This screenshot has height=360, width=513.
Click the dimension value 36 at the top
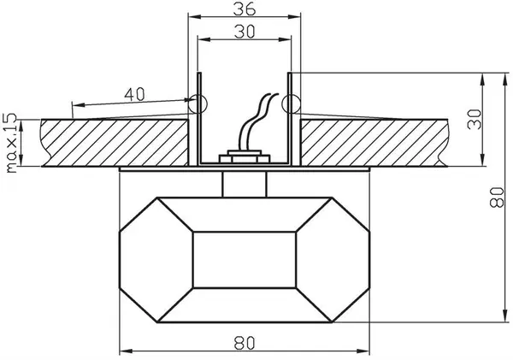244,9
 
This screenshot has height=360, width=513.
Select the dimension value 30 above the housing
245,32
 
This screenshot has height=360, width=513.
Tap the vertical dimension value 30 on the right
474,119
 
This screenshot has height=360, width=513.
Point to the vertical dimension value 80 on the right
496,197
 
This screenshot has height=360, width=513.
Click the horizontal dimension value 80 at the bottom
244,343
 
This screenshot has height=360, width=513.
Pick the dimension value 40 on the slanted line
134,94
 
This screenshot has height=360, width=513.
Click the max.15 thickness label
11,143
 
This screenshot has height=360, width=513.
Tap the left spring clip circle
198,103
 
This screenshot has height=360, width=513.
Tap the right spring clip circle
291,103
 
